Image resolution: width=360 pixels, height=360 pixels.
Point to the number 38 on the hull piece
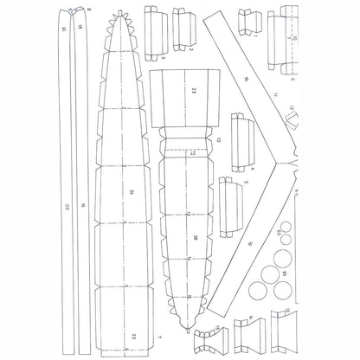click(x=196, y=237)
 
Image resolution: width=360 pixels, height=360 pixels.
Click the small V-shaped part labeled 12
click(x=292, y=111)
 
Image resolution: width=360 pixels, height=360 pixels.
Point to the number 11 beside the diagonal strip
click(x=273, y=93)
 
